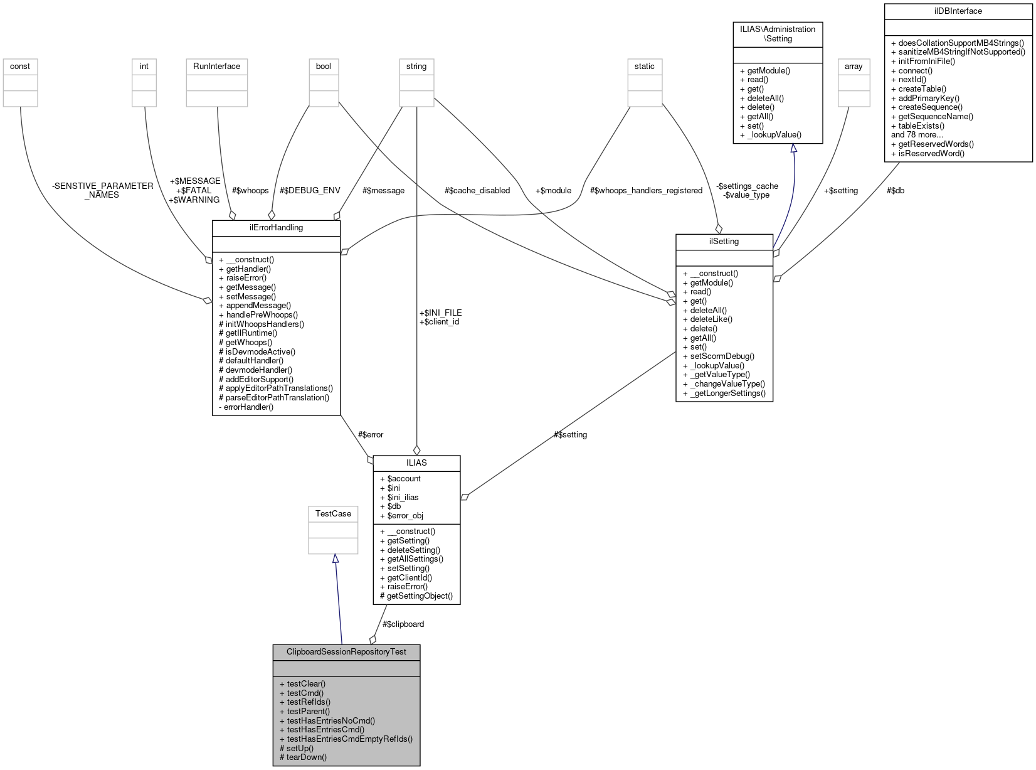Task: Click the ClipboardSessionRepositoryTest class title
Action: pyautogui.click(x=346, y=651)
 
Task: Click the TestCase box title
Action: pyautogui.click(x=333, y=513)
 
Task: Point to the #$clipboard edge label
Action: pyautogui.click(x=403, y=624)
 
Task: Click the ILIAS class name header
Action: pyautogui.click(x=416, y=463)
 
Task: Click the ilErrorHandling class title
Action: pyautogui.click(x=277, y=227)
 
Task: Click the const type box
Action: pyautogui.click(x=20, y=67)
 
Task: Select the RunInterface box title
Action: pyautogui.click(x=216, y=67)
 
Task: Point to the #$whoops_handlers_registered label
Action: pyautogui.click(x=646, y=190)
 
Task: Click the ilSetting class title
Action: pyautogui.click(x=724, y=241)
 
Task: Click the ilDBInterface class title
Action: pyautogui.click(x=958, y=11)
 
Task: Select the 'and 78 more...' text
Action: pyautogui.click(x=917, y=134)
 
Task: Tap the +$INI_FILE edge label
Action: pyautogui.click(x=440, y=313)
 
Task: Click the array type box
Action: pyautogui.click(x=854, y=67)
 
